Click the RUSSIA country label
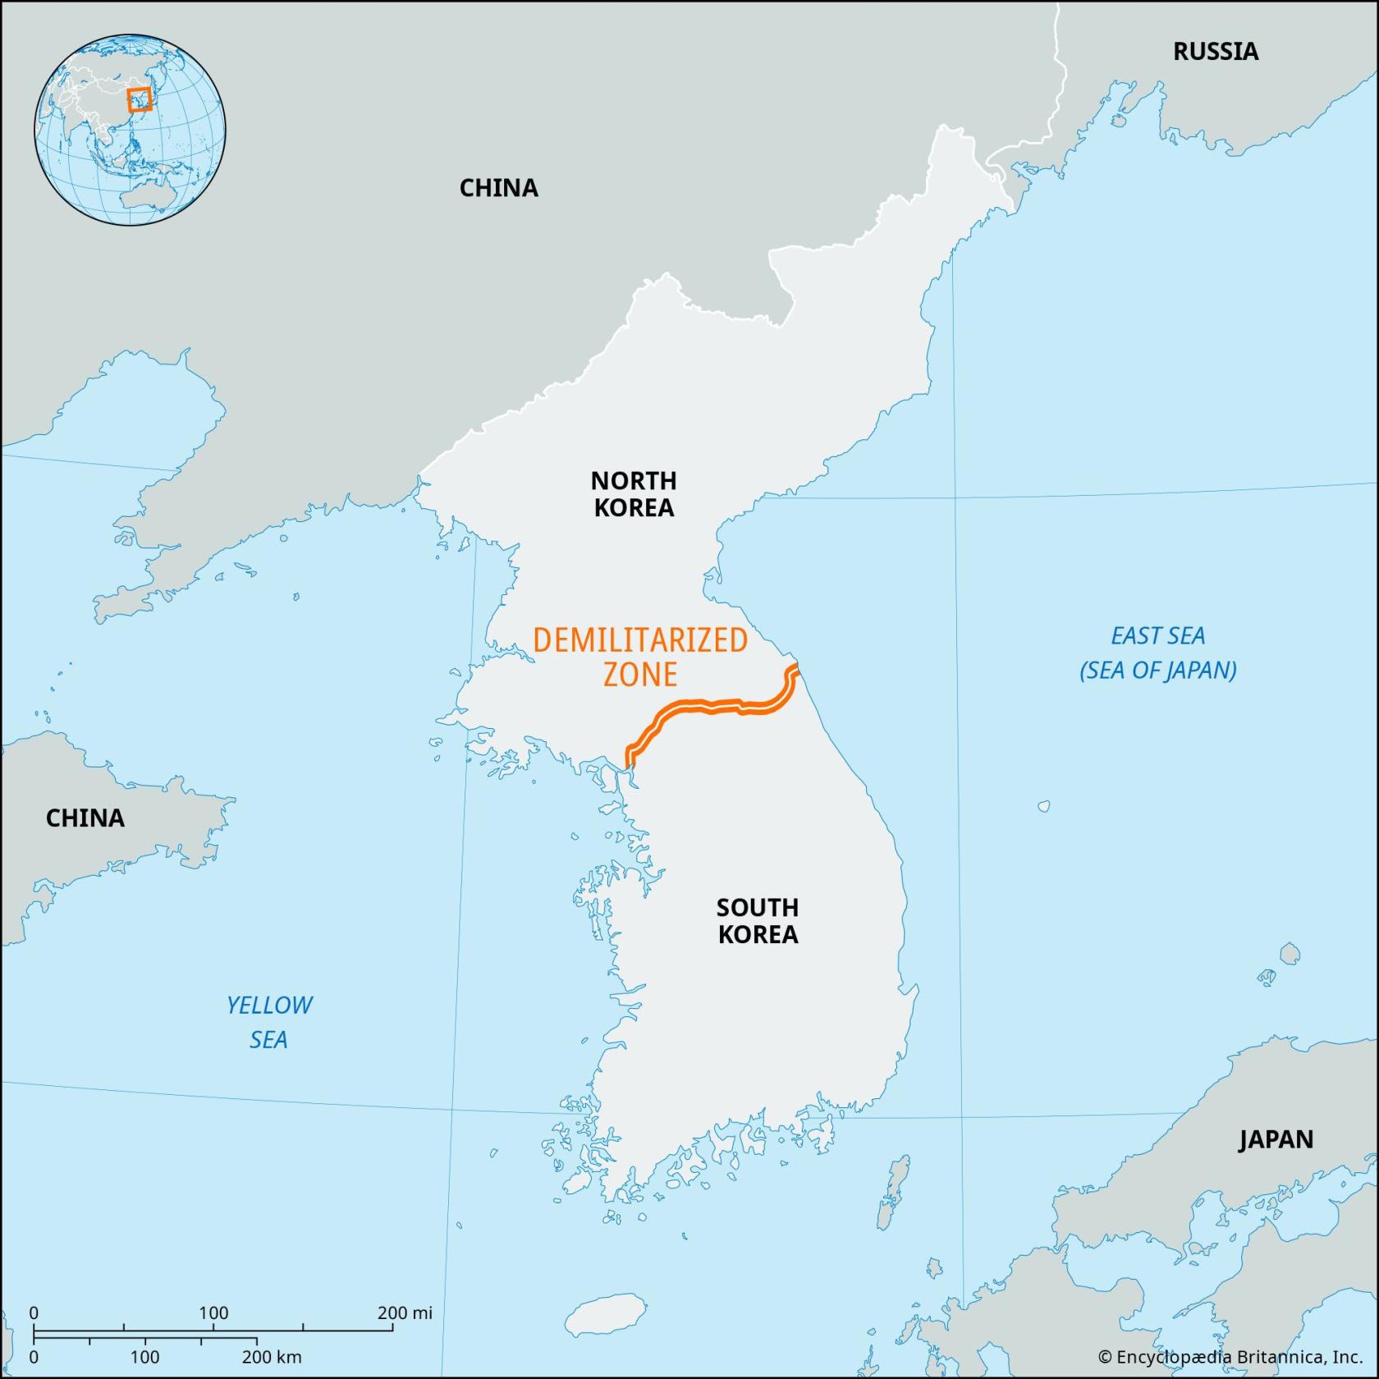pyautogui.click(x=1215, y=52)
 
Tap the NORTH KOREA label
pyautogui.click(x=634, y=493)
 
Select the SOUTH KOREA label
pyautogui.click(x=758, y=921)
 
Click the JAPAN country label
pyautogui.click(x=1276, y=1139)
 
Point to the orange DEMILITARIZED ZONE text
pyautogui.click(x=640, y=657)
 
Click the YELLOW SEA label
pyautogui.click(x=269, y=1022)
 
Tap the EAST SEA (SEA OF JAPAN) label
pyautogui.click(x=1157, y=653)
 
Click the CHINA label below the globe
pyautogui.click(x=498, y=188)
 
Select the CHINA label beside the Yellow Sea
pyautogui.click(x=85, y=818)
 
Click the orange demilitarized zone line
pyautogui.click(x=706, y=708)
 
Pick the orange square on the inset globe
pyautogui.click(x=140, y=99)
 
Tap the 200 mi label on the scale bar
pyautogui.click(x=405, y=1313)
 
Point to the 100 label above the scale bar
pyautogui.click(x=214, y=1313)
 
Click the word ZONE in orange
pyautogui.click(x=640, y=675)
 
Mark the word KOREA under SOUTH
pyautogui.click(x=758, y=935)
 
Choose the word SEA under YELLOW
pyautogui.click(x=268, y=1040)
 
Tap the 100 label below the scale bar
pyautogui.click(x=145, y=1358)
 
